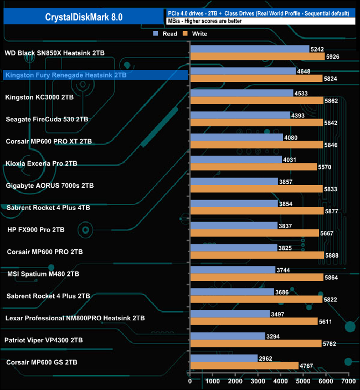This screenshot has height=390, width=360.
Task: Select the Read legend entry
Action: pyautogui.click(x=166, y=34)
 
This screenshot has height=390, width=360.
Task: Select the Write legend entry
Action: pyautogui.click(x=197, y=34)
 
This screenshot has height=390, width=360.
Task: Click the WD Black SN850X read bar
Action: pyautogui.click(x=249, y=49)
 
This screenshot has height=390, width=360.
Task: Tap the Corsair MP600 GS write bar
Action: pyautogui.click(x=244, y=366)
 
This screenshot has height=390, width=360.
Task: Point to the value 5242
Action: pyautogui.click(x=317, y=49)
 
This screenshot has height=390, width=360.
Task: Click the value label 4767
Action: pyautogui.click(x=307, y=366)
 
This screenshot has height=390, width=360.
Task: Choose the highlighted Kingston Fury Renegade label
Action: pyautogui.click(x=65, y=75)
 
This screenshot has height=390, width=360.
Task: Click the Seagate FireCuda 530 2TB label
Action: pyautogui.click(x=47, y=119)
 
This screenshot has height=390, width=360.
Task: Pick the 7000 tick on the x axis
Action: pyautogui.click(x=348, y=382)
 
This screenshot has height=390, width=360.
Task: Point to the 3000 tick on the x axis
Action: pyautogui.click(x=258, y=382)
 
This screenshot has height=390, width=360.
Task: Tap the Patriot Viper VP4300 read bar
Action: pyautogui.click(x=227, y=336)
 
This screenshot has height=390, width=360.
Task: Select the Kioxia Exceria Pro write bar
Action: pyautogui.click(x=253, y=167)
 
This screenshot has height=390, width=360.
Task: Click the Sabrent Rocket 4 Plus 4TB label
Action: pyautogui.click(x=48, y=208)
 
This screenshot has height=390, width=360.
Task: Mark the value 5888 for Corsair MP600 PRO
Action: pyautogui.click(x=333, y=255)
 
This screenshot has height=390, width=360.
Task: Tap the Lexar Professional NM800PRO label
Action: pyautogui.click(x=75, y=319)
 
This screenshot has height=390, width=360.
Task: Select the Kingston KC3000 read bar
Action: pyautogui.click(x=241, y=93)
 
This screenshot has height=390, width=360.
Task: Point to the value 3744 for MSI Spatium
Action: pyautogui.click(x=283, y=270)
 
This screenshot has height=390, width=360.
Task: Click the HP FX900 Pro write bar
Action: pyautogui.click(x=254, y=233)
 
